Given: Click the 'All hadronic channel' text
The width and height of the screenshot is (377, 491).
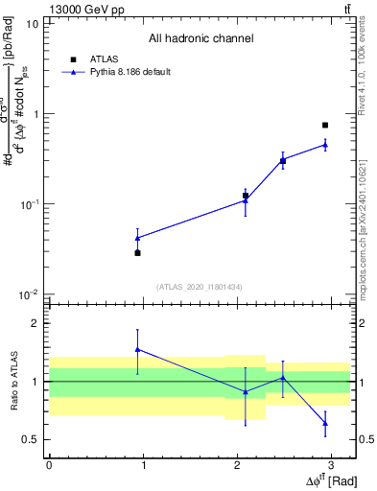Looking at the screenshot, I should click(200, 39).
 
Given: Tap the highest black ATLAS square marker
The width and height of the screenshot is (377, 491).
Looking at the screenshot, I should click(325, 125).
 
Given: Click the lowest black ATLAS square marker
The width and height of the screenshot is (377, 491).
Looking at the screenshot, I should click(138, 252).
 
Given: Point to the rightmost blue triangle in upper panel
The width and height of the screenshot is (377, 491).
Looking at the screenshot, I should click(325, 145).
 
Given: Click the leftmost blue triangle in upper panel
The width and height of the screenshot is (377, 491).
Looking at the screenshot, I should click(138, 238).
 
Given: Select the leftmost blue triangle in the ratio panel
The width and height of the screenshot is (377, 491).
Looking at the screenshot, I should click(138, 350).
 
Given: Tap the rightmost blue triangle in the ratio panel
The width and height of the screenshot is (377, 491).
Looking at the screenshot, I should click(325, 422).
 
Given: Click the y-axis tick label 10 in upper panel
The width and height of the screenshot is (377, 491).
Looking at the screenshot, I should click(32, 24).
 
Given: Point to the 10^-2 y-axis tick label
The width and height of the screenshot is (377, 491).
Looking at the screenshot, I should click(29, 294).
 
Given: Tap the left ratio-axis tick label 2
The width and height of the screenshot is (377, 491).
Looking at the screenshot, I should click(35, 324).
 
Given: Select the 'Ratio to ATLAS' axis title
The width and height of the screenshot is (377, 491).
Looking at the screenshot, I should click(12, 381).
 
